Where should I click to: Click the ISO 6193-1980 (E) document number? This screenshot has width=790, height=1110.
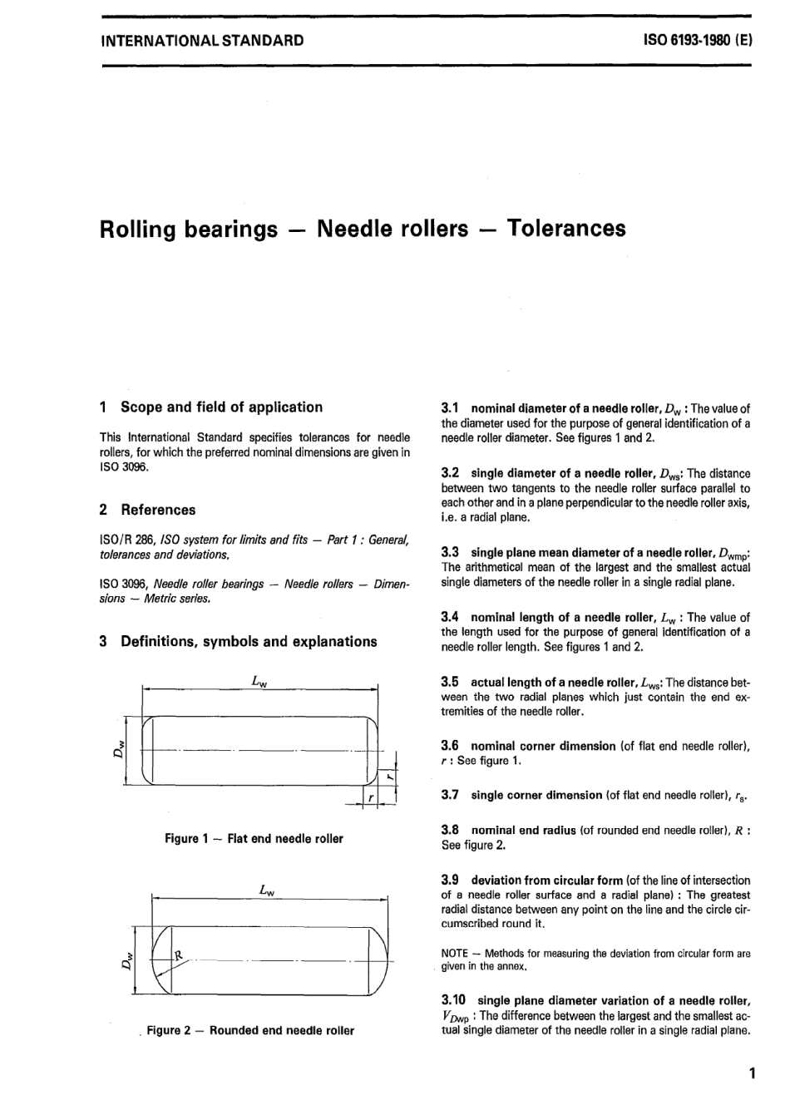698,40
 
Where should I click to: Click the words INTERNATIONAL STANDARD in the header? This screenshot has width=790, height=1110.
201,40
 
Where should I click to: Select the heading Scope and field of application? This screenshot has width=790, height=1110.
221,407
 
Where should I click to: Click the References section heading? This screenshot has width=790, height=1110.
158,510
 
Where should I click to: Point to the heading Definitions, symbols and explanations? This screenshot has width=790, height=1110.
249,641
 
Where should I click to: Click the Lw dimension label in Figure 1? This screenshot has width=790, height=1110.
259,680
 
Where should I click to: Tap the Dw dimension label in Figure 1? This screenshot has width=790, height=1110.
118,749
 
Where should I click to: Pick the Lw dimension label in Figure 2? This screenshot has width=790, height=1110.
267,890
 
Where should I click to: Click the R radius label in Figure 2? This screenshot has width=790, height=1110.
177,955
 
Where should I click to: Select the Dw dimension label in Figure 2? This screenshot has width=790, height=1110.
126,962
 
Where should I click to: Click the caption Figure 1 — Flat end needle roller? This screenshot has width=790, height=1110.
254,839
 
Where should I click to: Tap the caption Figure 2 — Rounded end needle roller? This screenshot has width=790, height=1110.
250,1030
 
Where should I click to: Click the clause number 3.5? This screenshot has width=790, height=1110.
450,682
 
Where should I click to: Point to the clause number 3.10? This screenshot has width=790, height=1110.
453,1000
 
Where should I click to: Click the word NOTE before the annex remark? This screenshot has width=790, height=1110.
455,954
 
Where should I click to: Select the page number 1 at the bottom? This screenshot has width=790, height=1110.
752,1073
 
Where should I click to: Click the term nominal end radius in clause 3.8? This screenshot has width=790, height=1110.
523,830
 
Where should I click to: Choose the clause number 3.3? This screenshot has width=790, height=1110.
450,552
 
